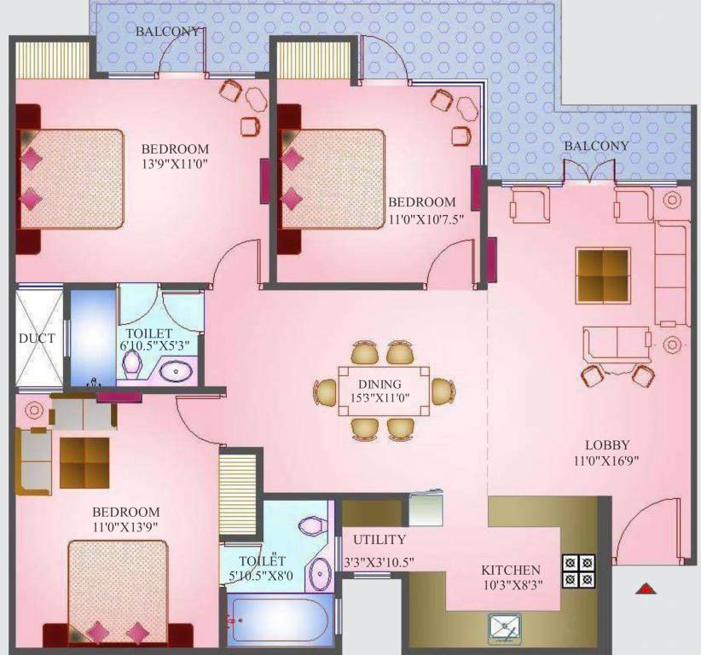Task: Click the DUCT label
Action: (37, 339)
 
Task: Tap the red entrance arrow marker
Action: (646, 588)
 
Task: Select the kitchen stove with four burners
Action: (578, 571)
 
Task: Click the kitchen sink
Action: (507, 629)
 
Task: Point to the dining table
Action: (382, 391)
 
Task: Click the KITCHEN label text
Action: (511, 571)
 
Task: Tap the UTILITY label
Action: (379, 540)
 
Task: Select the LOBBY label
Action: (607, 444)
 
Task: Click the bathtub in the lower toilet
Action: (280, 620)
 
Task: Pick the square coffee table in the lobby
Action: (603, 275)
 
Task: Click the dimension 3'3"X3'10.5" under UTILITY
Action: (379, 563)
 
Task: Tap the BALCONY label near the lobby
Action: (596, 146)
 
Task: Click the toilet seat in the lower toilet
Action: (310, 525)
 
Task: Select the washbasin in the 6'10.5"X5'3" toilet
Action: (177, 371)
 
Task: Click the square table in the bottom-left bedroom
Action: (84, 463)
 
